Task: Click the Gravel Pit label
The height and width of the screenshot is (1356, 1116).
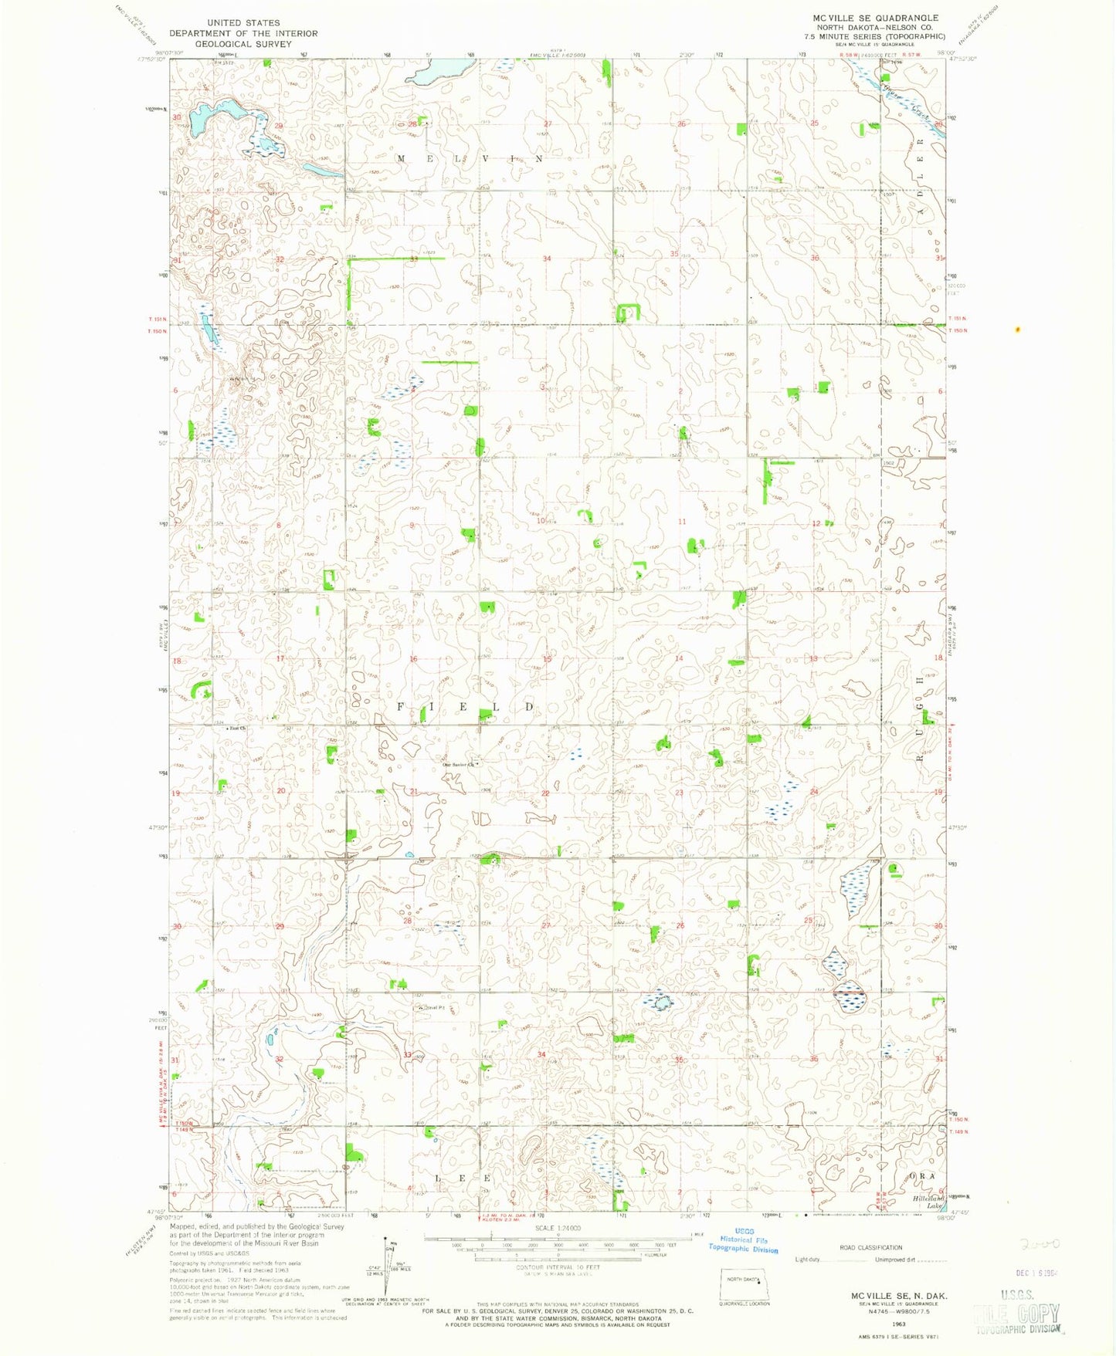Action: coord(432,1007)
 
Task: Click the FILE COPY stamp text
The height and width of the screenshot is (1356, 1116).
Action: coord(1018,1312)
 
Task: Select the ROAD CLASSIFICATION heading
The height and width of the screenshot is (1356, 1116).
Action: coord(870,1247)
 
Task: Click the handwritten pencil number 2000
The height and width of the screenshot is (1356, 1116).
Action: coord(1039,1244)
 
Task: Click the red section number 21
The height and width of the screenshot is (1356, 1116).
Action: coord(414,793)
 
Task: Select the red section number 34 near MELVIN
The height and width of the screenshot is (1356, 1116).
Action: coord(547,259)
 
